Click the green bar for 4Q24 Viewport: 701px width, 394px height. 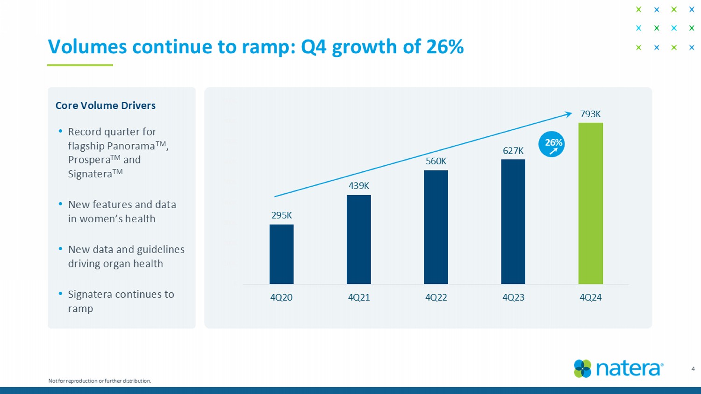(590, 203)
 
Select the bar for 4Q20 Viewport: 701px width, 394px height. (281, 254)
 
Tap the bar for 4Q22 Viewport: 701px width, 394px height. (436, 227)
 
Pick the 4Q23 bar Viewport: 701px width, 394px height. (513, 222)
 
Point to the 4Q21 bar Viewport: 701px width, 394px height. (358, 239)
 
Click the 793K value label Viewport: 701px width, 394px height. (590, 114)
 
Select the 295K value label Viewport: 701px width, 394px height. (281, 215)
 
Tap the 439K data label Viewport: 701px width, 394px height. (358, 186)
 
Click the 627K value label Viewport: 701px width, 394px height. (513, 150)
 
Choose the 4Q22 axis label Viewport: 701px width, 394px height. (436, 297)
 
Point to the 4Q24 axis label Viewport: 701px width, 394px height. (590, 297)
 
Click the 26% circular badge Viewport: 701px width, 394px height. (551, 144)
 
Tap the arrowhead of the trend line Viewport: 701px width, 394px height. (569, 113)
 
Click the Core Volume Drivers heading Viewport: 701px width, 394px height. (106, 106)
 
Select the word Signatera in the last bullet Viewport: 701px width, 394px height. (89, 294)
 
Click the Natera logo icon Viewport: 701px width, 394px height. (582, 368)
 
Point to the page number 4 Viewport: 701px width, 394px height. (693, 369)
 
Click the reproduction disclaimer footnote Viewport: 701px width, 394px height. (100, 381)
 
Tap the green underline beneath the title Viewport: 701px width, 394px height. (80, 65)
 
